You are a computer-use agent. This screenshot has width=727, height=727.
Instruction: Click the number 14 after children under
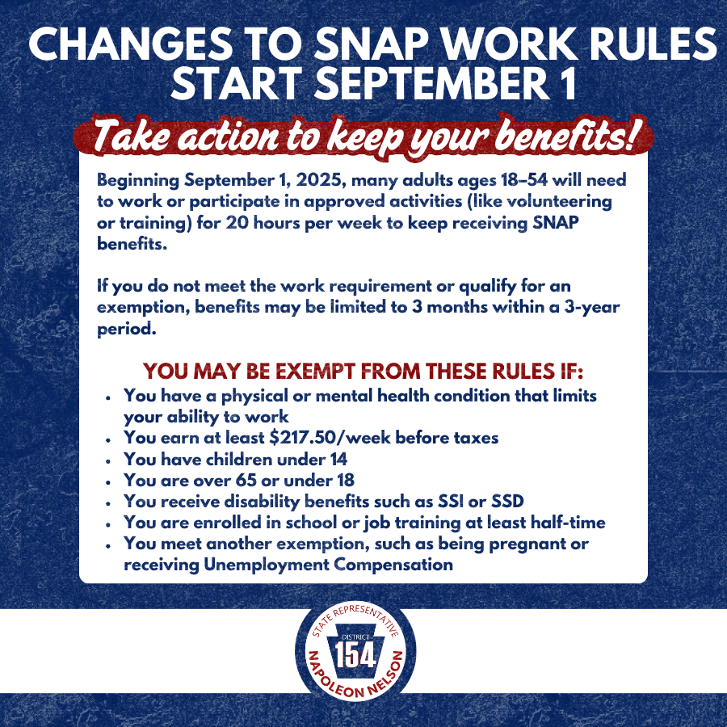coord(338,460)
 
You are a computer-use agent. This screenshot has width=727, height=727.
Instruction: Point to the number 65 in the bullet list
coord(246,481)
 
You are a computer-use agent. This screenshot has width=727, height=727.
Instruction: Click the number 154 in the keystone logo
coord(355,656)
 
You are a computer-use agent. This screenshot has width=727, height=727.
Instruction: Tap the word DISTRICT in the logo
coord(355,637)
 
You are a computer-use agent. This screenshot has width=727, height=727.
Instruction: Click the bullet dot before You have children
coord(108,461)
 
